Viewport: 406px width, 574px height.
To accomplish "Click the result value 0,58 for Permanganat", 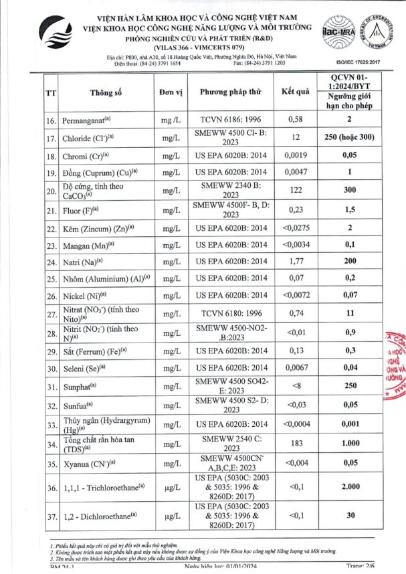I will tap(295, 120).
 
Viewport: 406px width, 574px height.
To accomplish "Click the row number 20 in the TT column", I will tap(50, 192).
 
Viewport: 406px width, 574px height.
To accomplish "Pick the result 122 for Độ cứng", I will tap(295, 192).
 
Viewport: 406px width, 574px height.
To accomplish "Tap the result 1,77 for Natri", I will tap(295, 262).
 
